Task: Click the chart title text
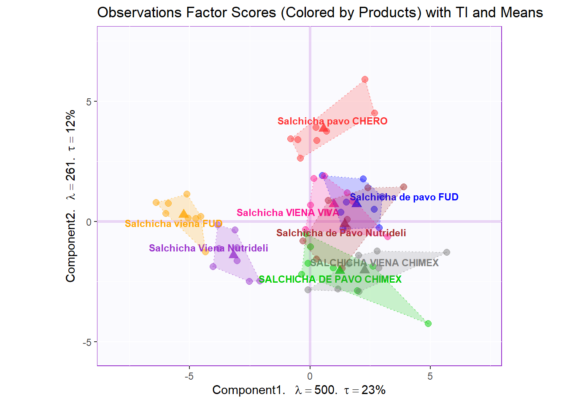tap(320, 13)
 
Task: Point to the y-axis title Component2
tap(70, 196)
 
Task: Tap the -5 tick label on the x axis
tap(189, 376)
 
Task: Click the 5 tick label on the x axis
tap(430, 376)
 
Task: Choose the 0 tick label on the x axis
tap(310, 376)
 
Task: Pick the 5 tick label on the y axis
tap(89, 102)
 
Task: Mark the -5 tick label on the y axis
tap(87, 342)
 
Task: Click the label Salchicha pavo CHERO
tap(332, 121)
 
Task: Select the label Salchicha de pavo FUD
tap(404, 197)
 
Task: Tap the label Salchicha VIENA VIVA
tap(288, 213)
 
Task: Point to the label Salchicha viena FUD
tap(173, 224)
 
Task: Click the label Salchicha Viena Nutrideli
tap(208, 248)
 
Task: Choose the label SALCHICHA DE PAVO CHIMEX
tap(330, 279)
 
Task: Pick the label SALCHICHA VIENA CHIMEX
tap(375, 263)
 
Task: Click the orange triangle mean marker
tap(184, 214)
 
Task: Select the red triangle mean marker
tap(324, 128)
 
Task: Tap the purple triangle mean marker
tap(234, 254)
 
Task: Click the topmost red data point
tap(365, 79)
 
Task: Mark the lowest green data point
tap(428, 324)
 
